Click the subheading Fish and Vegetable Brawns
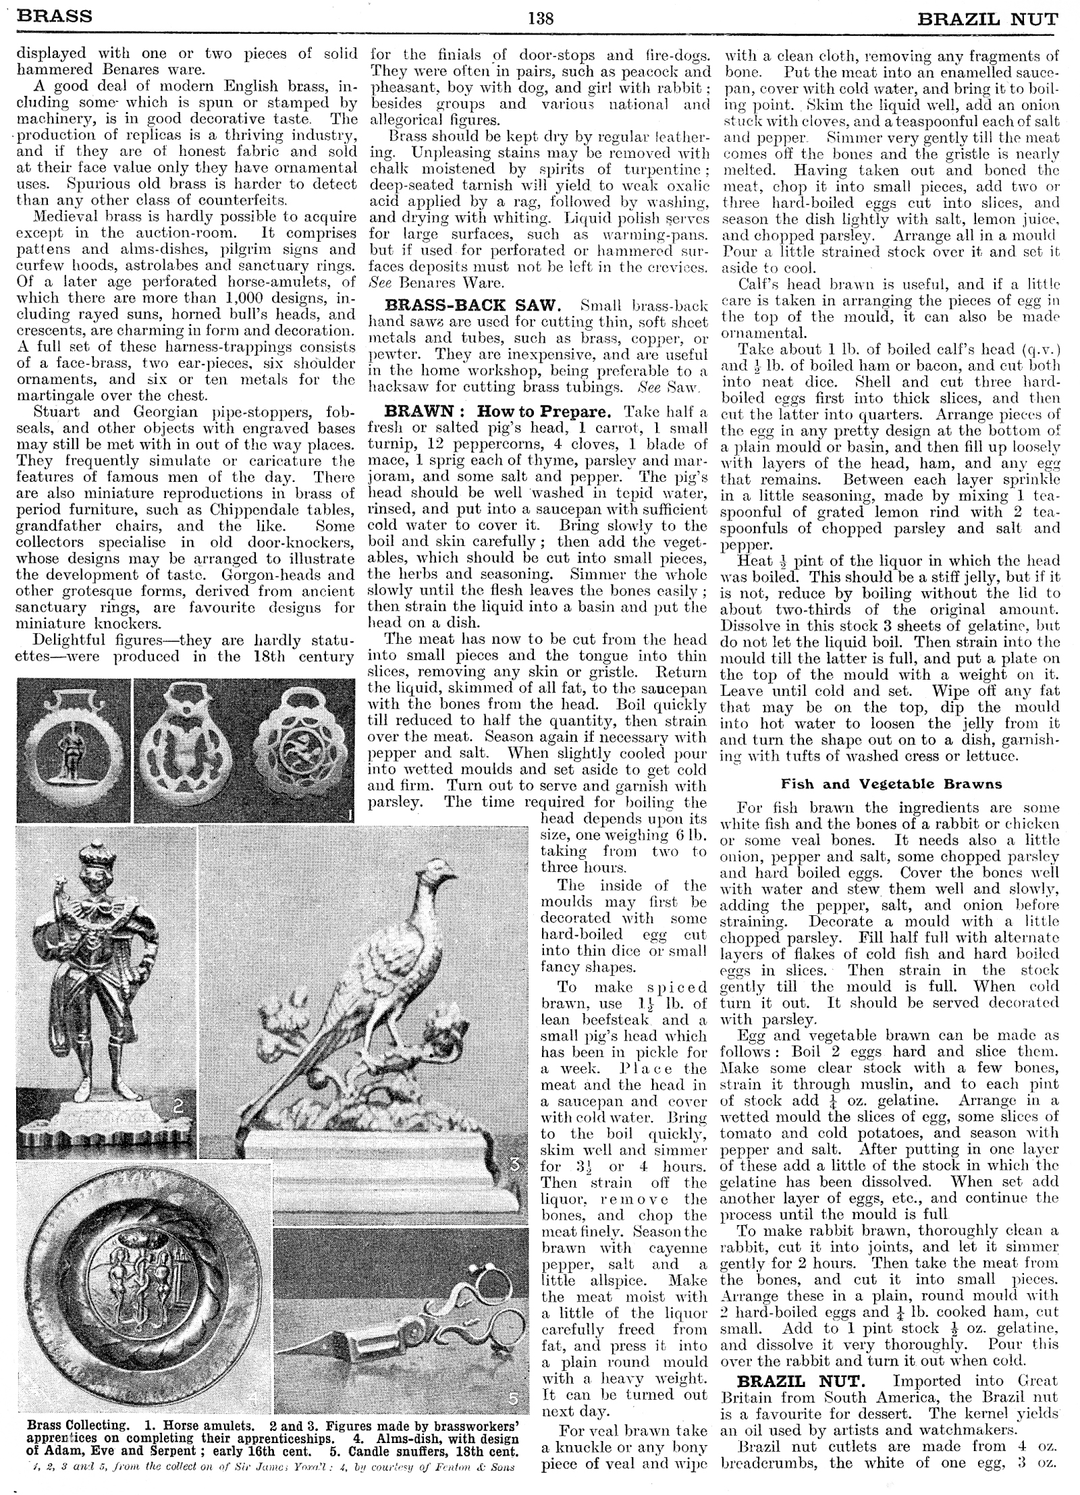891,784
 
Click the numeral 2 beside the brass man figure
178,1106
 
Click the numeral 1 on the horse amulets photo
349,815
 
